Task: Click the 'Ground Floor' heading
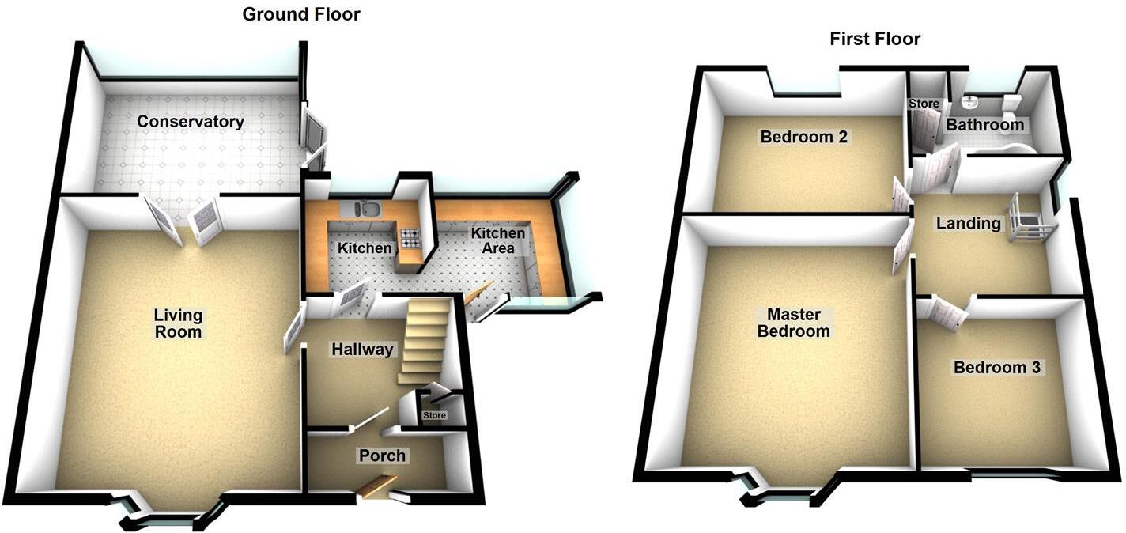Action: pyautogui.click(x=300, y=14)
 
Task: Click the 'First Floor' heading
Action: pyautogui.click(x=875, y=39)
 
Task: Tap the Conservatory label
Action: pyautogui.click(x=190, y=122)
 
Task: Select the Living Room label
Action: pyautogui.click(x=178, y=323)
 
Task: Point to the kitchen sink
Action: pyautogui.click(x=367, y=209)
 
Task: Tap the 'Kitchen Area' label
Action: pyautogui.click(x=497, y=240)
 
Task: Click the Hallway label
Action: pyautogui.click(x=361, y=350)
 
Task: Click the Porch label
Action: pyautogui.click(x=382, y=456)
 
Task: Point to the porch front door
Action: pyautogui.click(x=376, y=486)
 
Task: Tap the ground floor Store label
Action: pyautogui.click(x=434, y=415)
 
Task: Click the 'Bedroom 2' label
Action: pyautogui.click(x=803, y=137)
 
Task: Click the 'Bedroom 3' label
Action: pyautogui.click(x=997, y=368)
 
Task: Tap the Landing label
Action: pyautogui.click(x=968, y=224)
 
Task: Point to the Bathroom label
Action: pyautogui.click(x=984, y=125)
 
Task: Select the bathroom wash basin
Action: pyautogui.click(x=971, y=102)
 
